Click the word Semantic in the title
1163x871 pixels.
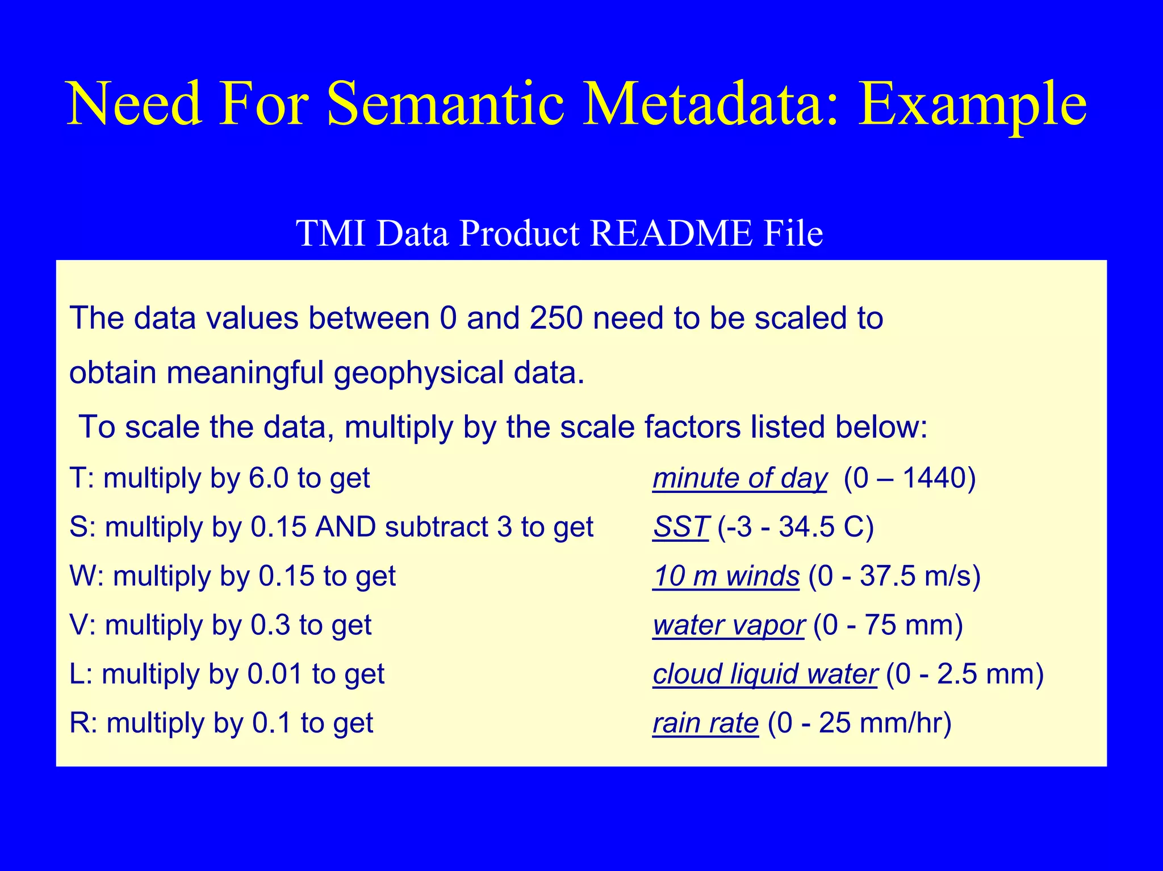coord(446,104)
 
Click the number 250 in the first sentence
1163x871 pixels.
coord(556,318)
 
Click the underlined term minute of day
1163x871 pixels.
coord(740,478)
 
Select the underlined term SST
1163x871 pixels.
coord(680,527)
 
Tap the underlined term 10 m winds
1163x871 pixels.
coord(726,576)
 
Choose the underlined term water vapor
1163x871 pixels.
coord(729,625)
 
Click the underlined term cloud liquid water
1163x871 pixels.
coord(765,674)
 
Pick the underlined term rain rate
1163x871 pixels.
coord(705,723)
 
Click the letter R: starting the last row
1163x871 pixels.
coord(83,723)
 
